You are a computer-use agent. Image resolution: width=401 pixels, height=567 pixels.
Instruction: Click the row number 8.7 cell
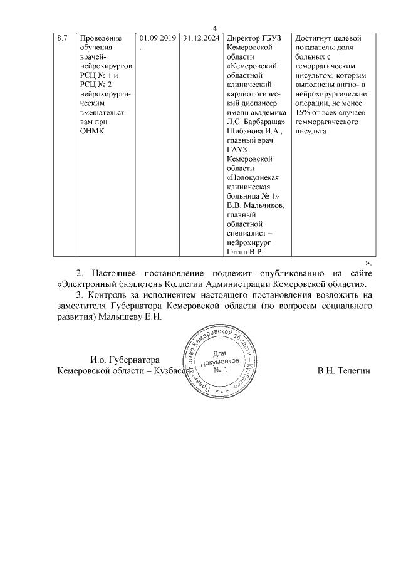click(62, 38)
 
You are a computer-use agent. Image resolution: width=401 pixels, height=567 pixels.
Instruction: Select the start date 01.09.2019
click(157, 38)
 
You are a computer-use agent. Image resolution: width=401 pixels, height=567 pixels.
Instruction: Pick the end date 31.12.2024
click(201, 38)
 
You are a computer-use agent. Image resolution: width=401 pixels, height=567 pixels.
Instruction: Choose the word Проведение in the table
click(101, 38)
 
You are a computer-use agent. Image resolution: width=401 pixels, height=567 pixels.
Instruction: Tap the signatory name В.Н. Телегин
click(344, 371)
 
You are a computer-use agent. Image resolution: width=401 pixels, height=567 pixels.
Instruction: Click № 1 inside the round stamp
click(219, 370)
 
